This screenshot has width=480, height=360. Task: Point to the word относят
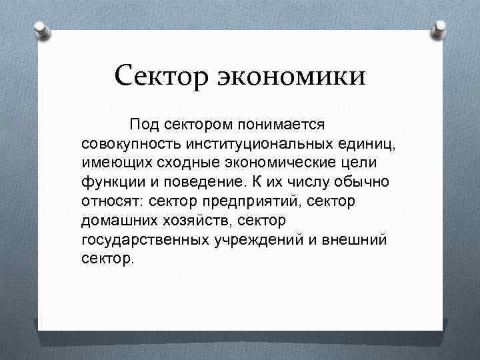click(113, 200)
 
